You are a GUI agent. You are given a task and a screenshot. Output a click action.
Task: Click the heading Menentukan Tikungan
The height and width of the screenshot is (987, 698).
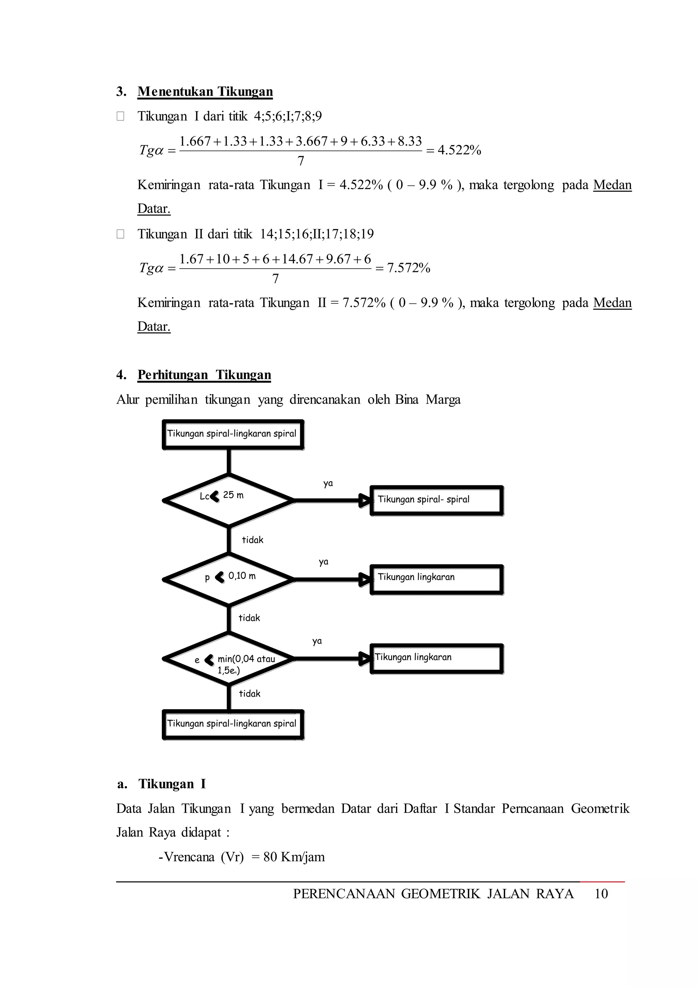click(205, 92)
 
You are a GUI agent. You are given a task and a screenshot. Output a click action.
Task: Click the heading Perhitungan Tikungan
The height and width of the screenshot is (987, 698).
click(204, 375)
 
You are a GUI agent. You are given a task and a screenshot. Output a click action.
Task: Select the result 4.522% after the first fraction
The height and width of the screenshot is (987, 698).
click(459, 150)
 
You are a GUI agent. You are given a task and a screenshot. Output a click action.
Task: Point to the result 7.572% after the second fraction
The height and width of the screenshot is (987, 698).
click(408, 268)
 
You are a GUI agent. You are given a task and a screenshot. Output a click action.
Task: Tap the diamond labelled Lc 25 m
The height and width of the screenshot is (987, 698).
click(229, 500)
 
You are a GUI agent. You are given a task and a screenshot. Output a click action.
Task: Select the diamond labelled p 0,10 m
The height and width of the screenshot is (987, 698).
click(229, 579)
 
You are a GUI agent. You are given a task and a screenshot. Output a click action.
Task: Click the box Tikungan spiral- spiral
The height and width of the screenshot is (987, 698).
click(436, 500)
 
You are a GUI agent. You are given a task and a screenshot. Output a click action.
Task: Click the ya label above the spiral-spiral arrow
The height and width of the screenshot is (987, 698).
click(328, 484)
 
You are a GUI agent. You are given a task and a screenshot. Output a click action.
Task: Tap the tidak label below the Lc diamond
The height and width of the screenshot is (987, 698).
click(252, 540)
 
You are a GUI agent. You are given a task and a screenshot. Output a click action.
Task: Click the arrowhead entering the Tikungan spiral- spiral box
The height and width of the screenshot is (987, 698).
click(364, 500)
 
